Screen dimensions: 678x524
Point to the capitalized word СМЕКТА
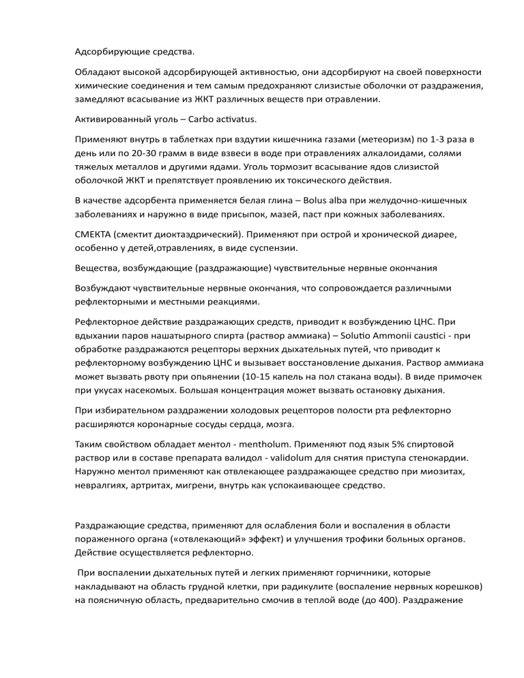(x=96, y=233)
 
